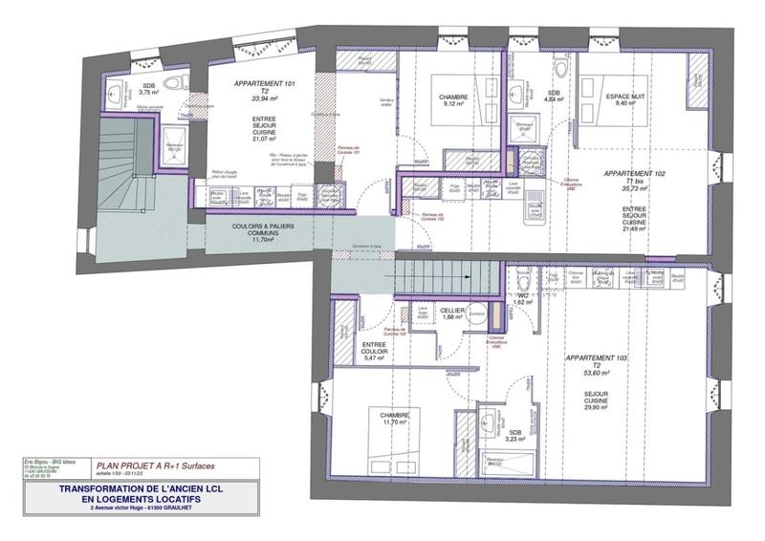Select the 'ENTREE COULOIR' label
pyautogui.click(x=374, y=350)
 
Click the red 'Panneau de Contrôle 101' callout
pyautogui.click(x=356, y=149)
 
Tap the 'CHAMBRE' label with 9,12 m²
pyautogui.click(x=452, y=97)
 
